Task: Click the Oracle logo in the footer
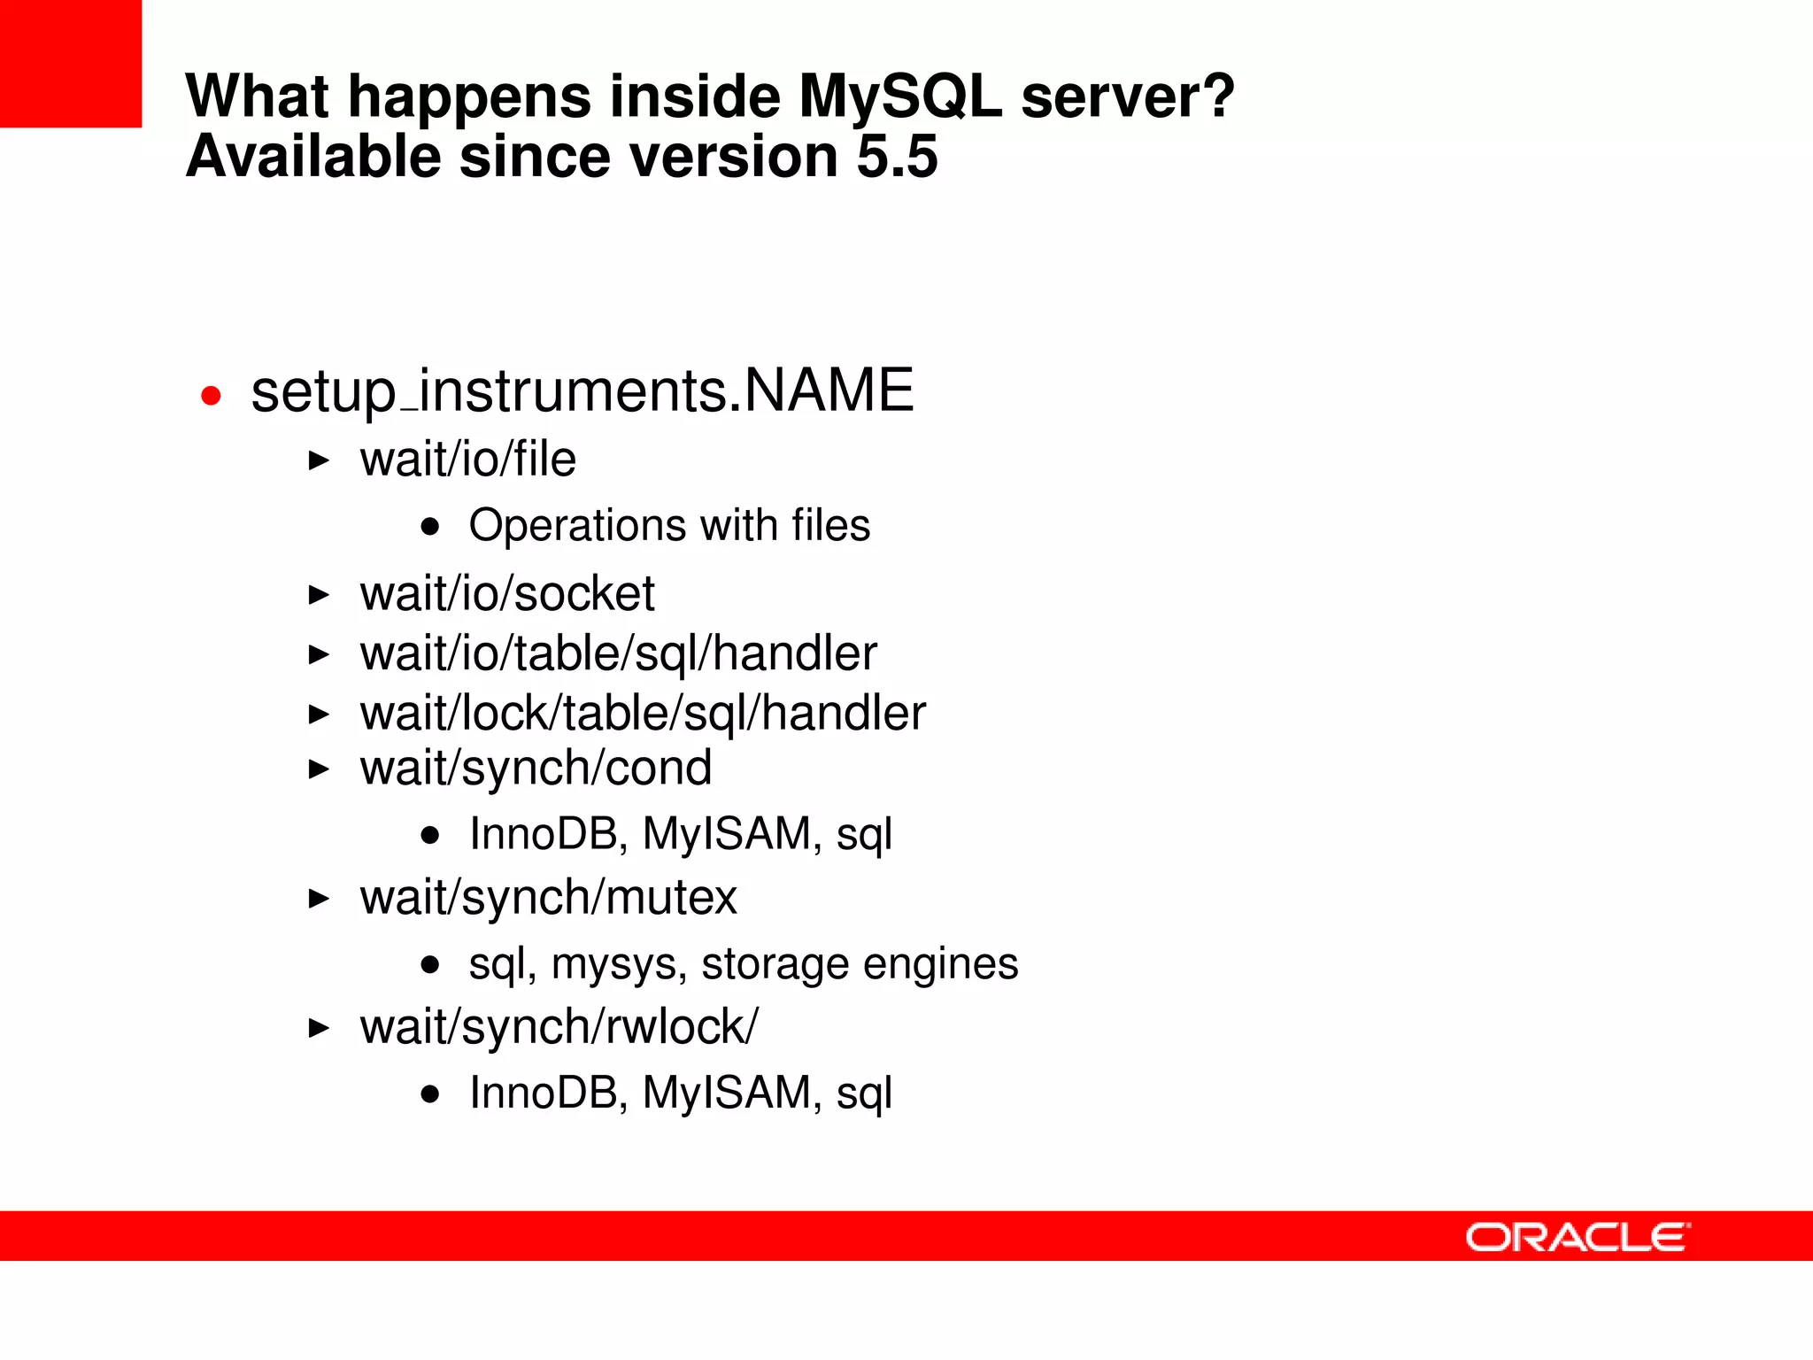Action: [1577, 1237]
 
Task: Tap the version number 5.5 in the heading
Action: [897, 157]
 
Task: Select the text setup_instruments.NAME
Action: [582, 391]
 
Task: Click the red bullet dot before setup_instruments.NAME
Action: [211, 395]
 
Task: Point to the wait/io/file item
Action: [467, 460]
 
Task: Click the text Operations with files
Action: [669, 525]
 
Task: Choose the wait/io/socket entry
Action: [506, 593]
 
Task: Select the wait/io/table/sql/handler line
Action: [618, 653]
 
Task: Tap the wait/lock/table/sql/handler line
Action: [643, 714]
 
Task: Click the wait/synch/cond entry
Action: [536, 768]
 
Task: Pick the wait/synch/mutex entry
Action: [548, 898]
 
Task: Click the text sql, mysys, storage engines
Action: [743, 963]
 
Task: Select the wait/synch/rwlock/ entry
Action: [559, 1027]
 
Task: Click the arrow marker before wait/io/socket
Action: [319, 594]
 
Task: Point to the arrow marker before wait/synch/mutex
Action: [319, 899]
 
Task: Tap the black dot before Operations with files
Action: [430, 528]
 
